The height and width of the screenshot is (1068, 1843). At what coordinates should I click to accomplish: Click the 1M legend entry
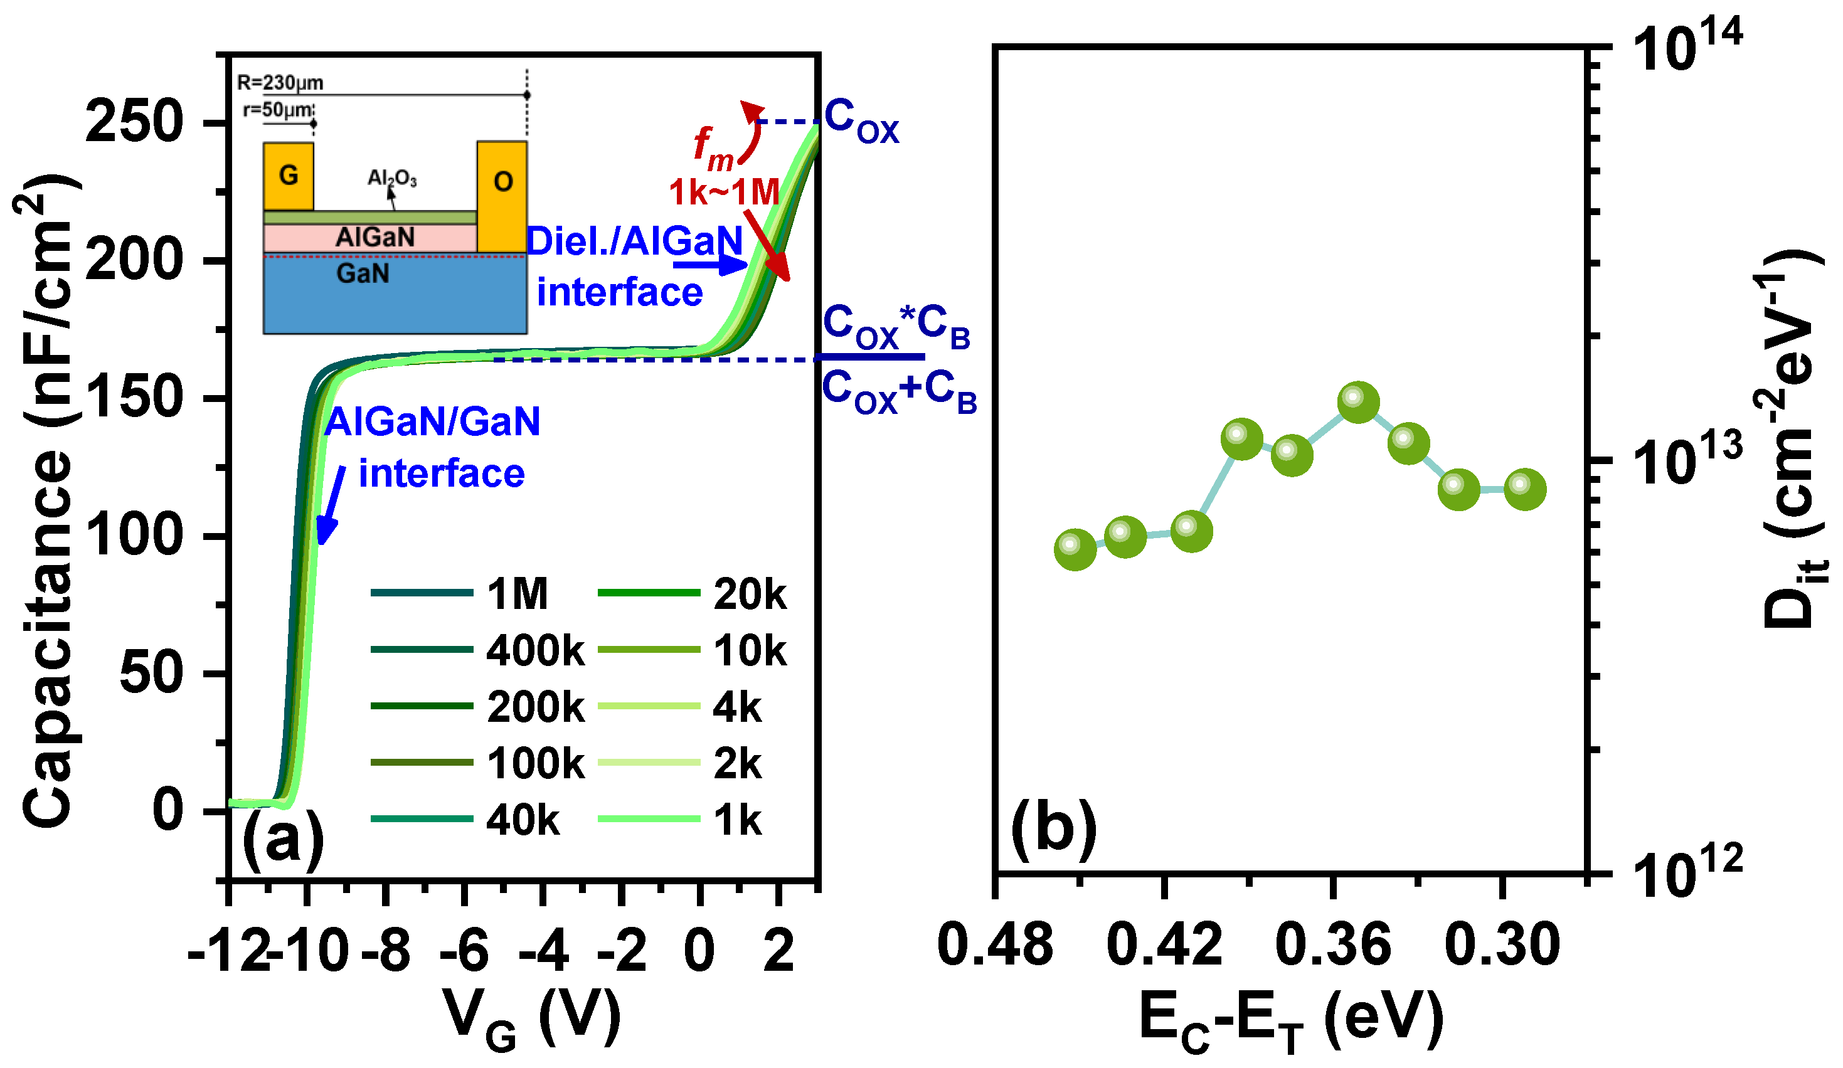516,593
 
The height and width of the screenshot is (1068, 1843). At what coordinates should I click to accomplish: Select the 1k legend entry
736,820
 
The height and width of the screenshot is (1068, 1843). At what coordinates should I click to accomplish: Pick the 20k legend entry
749,593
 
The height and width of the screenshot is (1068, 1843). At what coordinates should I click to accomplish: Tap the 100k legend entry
534,763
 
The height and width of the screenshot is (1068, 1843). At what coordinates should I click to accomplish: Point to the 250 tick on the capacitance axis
134,122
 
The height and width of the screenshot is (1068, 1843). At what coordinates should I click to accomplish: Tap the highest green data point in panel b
1358,401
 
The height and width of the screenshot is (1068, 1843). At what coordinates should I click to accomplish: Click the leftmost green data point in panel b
1075,549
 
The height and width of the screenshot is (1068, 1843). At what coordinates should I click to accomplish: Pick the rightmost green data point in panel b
1525,489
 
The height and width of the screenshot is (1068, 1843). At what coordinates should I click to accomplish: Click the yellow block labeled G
289,176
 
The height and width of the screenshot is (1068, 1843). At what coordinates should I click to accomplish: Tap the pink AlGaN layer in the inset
374,238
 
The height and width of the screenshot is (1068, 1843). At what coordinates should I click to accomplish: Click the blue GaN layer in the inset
395,296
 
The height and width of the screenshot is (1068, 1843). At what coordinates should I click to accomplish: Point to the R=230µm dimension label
280,83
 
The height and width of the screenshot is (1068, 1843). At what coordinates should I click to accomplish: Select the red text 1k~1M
724,193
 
